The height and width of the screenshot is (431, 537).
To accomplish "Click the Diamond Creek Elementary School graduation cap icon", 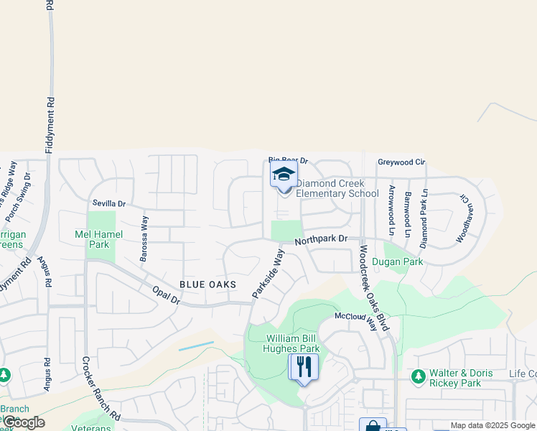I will [284, 175].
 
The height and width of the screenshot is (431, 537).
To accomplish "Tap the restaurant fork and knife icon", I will [303, 367].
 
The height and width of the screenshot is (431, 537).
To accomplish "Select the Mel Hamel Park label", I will [99, 239].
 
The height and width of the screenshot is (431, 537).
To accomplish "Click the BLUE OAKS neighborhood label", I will [207, 284].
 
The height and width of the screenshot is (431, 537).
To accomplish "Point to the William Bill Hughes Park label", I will [293, 344].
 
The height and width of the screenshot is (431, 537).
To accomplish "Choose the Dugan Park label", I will [403, 263].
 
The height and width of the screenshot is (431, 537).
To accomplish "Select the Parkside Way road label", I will [268, 274].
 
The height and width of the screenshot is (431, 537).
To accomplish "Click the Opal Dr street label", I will [165, 295].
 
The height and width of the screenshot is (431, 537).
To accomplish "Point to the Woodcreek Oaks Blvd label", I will [374, 288].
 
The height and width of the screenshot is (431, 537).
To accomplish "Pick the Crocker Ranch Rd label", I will [101, 389].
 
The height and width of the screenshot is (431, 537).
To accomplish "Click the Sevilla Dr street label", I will [109, 203].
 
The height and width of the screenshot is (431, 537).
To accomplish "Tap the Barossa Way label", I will [144, 238].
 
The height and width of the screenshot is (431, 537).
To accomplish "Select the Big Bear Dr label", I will [288, 160].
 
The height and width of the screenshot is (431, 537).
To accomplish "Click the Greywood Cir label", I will [401, 162].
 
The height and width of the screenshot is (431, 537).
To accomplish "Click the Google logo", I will [24, 422].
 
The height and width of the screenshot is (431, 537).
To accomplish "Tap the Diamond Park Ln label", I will [424, 218].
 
